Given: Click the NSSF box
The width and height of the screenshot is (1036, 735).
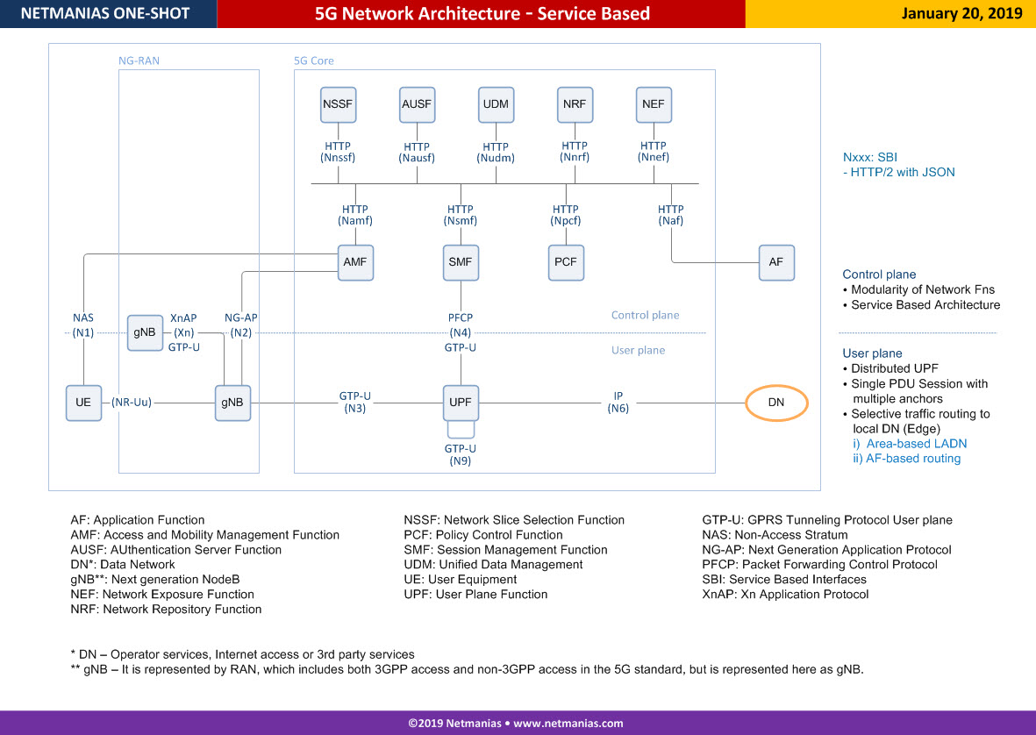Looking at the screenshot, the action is point(338,104).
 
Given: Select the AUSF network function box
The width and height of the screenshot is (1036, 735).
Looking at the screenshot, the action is point(417,104).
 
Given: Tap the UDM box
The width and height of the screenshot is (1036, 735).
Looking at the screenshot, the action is point(496,104).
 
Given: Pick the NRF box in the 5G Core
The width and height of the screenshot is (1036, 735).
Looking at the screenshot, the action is point(575,104).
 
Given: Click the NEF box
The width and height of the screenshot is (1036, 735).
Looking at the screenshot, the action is point(654,104).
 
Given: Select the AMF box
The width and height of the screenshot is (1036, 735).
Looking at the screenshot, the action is point(355,262).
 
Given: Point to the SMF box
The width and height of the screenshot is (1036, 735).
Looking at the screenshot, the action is point(461,262).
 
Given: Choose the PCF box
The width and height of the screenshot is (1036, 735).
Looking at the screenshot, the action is point(566,262).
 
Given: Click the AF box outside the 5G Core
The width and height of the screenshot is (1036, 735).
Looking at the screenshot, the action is point(776,262).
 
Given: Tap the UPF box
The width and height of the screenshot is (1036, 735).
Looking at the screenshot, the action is point(461,403).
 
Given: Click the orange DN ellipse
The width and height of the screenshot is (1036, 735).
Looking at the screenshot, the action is point(776,403).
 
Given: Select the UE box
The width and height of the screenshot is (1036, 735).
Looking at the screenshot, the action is point(84,403).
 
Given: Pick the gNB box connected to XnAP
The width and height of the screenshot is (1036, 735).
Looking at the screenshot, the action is point(145,332).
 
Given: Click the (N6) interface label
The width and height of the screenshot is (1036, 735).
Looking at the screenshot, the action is point(618,409).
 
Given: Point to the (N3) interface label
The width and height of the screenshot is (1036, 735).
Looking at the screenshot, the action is point(354,409).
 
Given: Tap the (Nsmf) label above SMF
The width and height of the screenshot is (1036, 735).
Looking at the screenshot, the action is point(461,220).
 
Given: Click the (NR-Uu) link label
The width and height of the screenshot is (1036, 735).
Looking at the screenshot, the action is point(132,403).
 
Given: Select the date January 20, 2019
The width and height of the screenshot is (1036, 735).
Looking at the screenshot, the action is point(962,14).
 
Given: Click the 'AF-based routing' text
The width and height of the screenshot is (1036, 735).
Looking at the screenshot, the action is point(913,459).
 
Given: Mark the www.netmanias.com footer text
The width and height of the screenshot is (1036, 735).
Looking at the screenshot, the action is point(568,723).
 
